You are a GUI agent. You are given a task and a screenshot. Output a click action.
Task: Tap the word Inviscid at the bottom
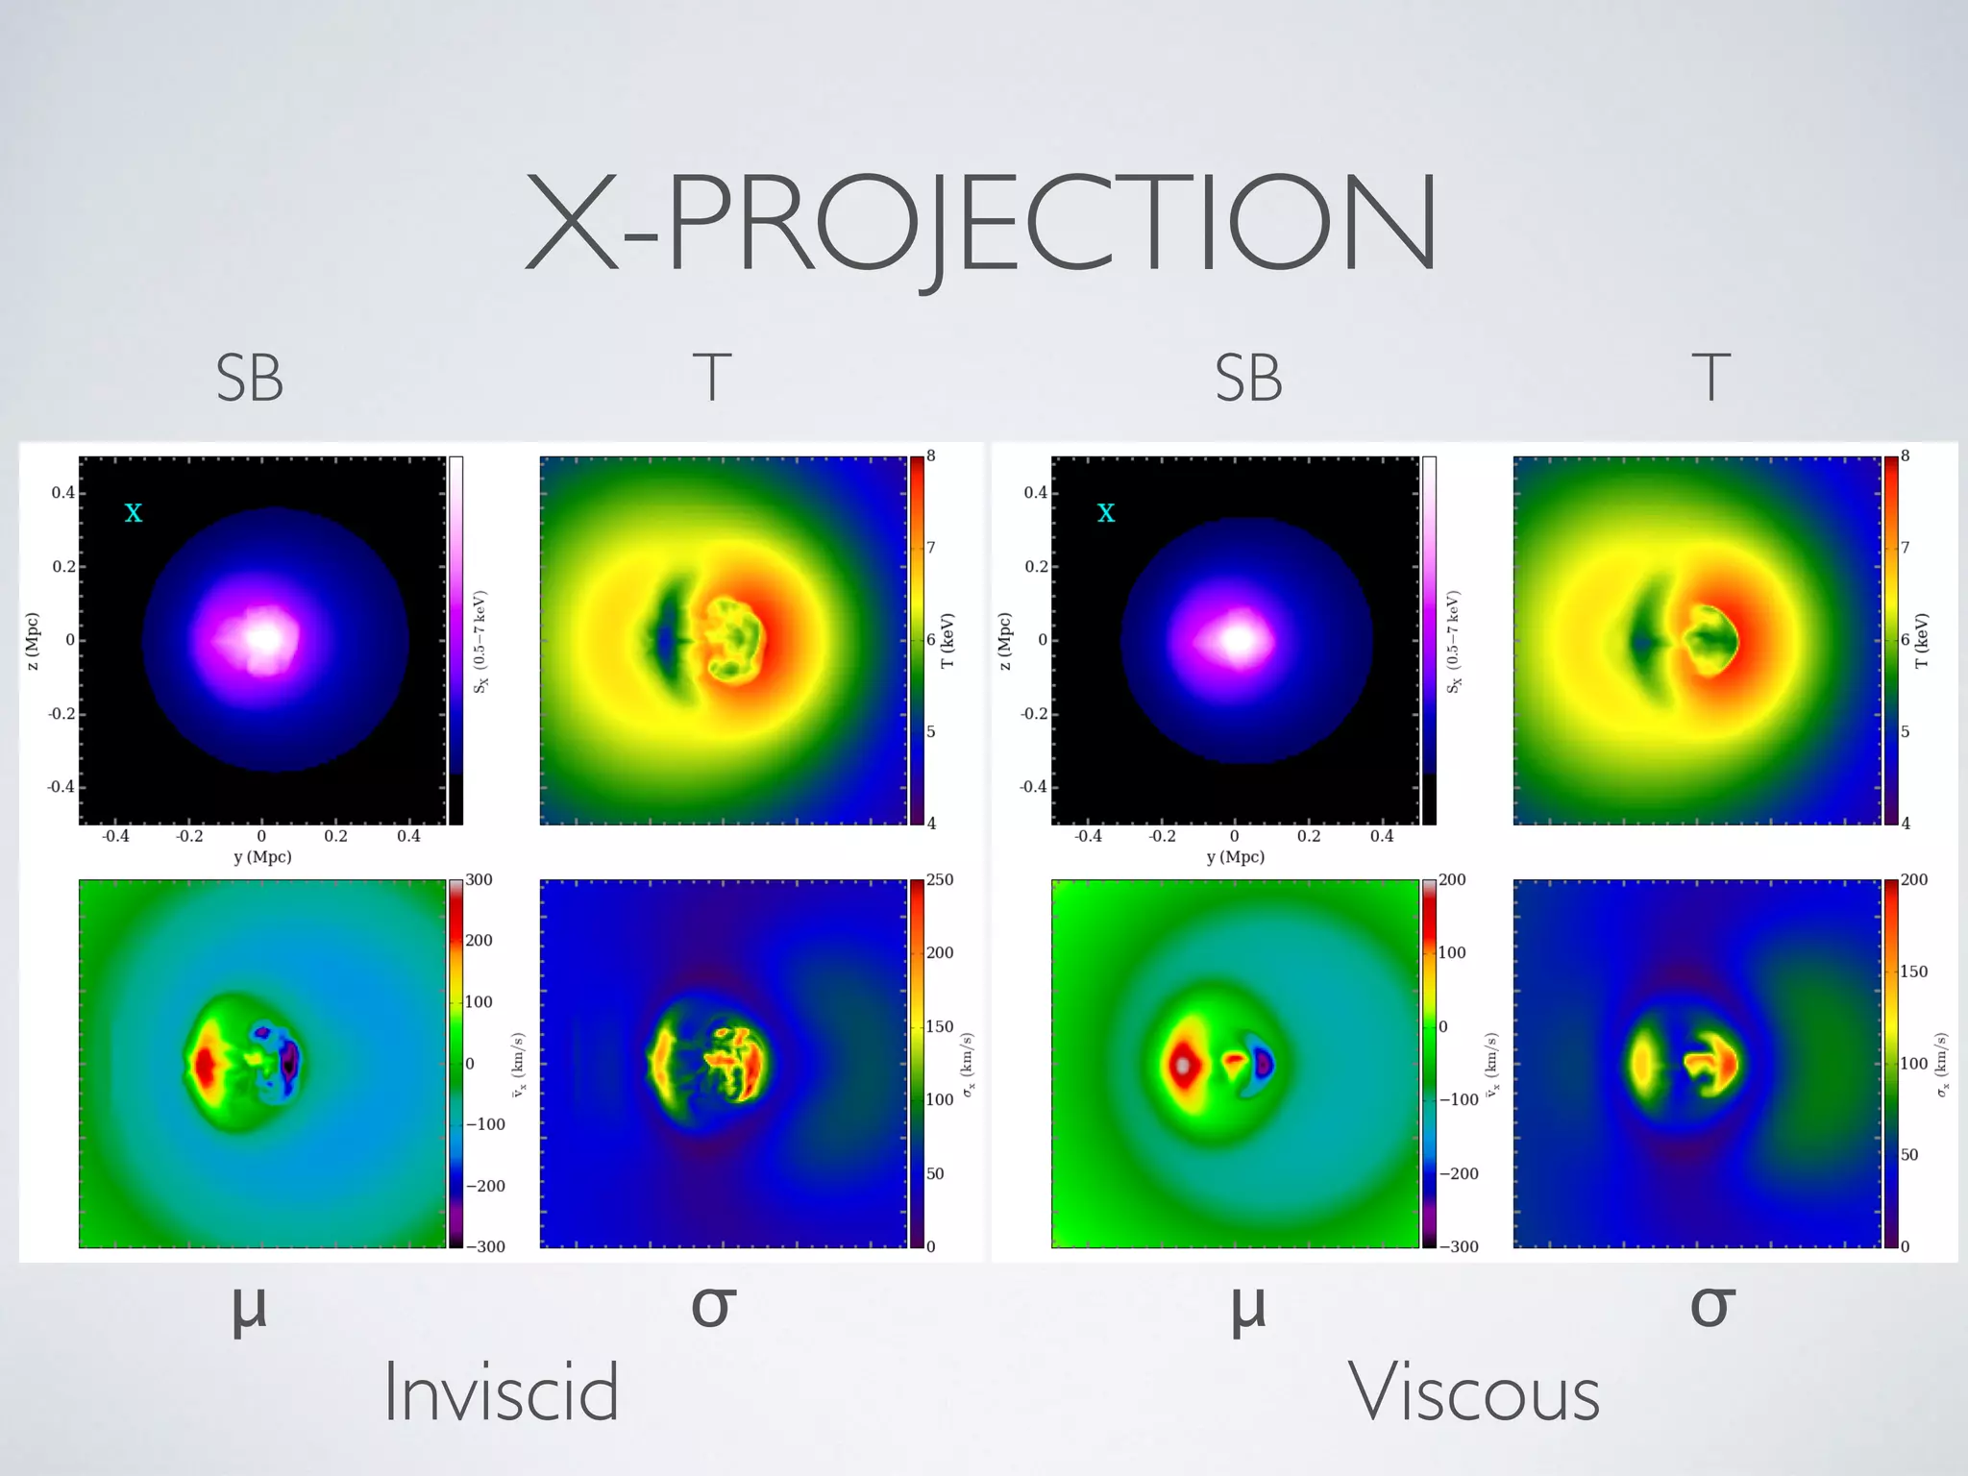[x=501, y=1392]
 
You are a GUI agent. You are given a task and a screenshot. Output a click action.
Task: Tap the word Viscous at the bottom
[x=1474, y=1392]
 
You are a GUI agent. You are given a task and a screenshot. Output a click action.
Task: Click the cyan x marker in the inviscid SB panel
[x=134, y=513]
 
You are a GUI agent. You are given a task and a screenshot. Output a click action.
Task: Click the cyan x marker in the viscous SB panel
[x=1106, y=513]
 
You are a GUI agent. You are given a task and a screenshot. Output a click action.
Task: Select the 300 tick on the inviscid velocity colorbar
[x=479, y=880]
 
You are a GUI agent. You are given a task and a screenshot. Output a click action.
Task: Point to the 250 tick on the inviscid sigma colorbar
[x=940, y=880]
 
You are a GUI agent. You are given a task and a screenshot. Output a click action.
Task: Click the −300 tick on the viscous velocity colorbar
[x=1458, y=1246]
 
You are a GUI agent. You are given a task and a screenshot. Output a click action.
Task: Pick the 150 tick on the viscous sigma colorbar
[x=1913, y=972]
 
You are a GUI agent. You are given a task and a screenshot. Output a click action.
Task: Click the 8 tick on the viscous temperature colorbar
[x=1906, y=456]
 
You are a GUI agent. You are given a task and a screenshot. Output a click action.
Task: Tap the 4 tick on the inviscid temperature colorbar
[x=931, y=823]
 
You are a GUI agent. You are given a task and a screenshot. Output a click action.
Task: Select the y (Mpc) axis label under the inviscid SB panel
[x=262, y=857]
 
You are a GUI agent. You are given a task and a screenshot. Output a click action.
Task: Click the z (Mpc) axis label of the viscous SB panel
[x=1005, y=641]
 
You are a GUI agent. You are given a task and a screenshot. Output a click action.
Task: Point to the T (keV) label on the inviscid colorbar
[x=948, y=641]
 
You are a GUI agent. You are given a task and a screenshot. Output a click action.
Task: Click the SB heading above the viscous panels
[x=1248, y=379]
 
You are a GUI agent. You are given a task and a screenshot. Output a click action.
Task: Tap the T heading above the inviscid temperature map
[x=712, y=379]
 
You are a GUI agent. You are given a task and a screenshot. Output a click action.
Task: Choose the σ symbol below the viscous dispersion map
[x=1712, y=1305]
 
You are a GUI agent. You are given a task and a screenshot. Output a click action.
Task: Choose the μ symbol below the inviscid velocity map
[x=249, y=1309]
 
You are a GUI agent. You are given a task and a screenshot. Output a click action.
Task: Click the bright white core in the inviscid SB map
[x=266, y=637]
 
